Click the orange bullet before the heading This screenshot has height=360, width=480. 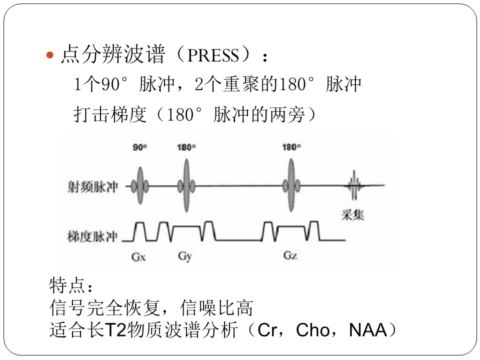(x=49, y=55)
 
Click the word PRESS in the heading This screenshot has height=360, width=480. (x=213, y=55)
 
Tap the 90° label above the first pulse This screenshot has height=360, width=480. (x=140, y=147)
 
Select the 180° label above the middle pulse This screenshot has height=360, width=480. (x=186, y=147)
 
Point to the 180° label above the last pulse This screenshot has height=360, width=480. (x=291, y=147)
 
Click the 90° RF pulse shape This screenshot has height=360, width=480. (x=140, y=185)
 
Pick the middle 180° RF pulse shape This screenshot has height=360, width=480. (x=186, y=185)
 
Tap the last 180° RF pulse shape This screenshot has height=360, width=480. (x=291, y=185)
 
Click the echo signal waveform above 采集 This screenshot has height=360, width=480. (x=354, y=185)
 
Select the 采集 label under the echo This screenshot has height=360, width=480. (x=352, y=215)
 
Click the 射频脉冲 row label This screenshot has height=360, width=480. (x=92, y=186)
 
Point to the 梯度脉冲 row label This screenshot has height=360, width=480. (x=92, y=236)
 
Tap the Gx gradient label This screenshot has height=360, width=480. (x=138, y=256)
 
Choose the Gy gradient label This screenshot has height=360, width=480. (x=185, y=256)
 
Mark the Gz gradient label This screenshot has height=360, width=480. (x=290, y=255)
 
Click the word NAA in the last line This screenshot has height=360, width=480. (x=368, y=330)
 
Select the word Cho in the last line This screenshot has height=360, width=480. (x=313, y=330)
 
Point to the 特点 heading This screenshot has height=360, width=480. (x=66, y=285)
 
